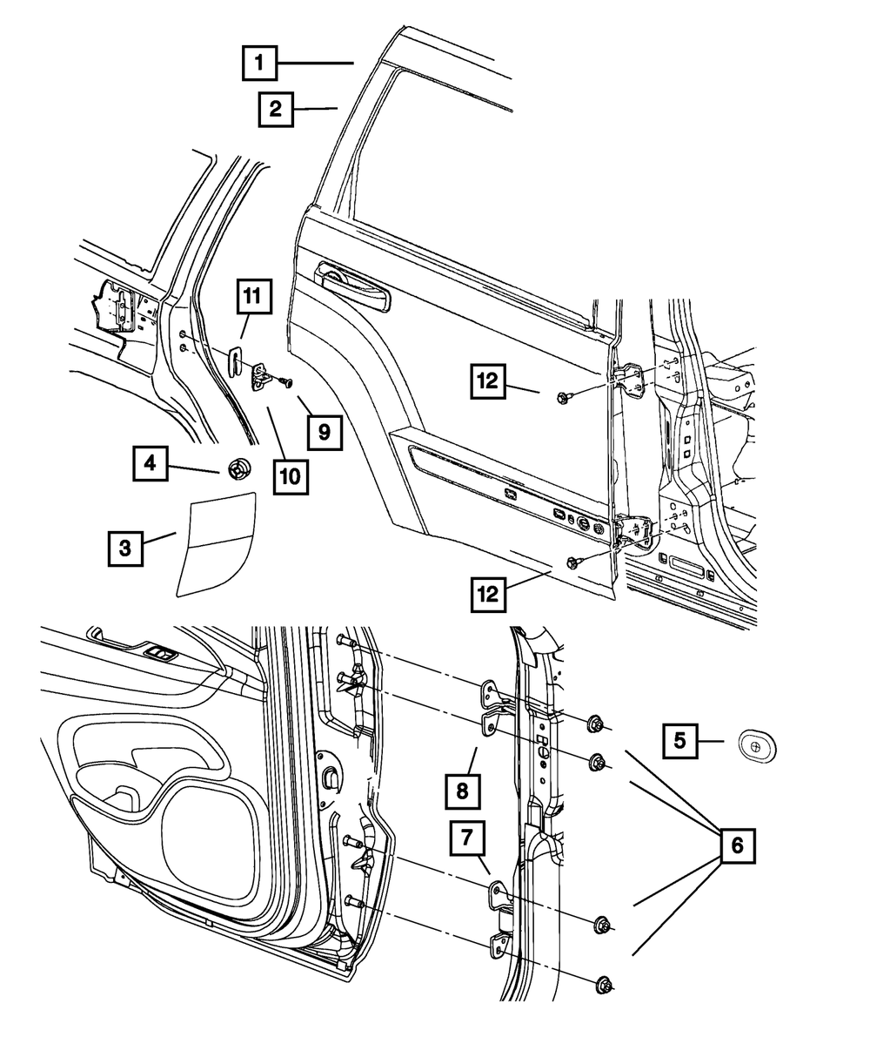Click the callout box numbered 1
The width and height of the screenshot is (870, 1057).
tap(259, 63)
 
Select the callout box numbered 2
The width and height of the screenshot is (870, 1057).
tap(275, 110)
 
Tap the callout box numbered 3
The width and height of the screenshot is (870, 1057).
tap(125, 548)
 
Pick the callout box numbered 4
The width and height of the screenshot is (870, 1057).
tap(151, 464)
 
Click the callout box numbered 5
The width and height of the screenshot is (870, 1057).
tap(680, 740)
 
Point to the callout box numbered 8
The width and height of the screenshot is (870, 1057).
tap(462, 791)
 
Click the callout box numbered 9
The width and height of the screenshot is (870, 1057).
tap(324, 430)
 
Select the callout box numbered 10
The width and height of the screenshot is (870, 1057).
tap(290, 475)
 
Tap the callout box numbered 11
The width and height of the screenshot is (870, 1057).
tap(251, 297)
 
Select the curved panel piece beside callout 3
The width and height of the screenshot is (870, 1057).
tap(215, 544)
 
